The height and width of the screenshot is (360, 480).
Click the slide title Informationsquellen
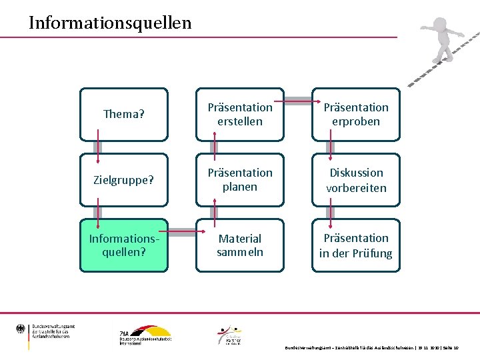(x=110, y=23)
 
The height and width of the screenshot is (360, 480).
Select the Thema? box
(x=124, y=114)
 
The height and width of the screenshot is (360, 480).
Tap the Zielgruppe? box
(x=124, y=180)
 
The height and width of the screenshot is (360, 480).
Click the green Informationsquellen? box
(x=124, y=245)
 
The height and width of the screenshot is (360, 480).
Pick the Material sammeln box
(x=240, y=245)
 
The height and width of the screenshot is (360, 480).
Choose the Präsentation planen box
(x=240, y=180)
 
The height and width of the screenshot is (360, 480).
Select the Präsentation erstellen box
(x=240, y=114)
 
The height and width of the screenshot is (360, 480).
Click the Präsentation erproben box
(x=356, y=114)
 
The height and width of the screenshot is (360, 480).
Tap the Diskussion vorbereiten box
(x=356, y=180)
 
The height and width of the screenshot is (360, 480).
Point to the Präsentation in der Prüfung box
(x=356, y=245)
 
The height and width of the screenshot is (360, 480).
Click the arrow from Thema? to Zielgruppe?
(x=99, y=147)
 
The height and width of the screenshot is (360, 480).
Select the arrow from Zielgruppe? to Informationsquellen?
(x=99, y=213)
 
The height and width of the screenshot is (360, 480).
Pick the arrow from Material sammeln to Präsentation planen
(x=214, y=213)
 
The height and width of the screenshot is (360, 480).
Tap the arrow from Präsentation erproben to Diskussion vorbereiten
(x=331, y=147)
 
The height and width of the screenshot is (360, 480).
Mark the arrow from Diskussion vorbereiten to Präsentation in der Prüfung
(x=331, y=213)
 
